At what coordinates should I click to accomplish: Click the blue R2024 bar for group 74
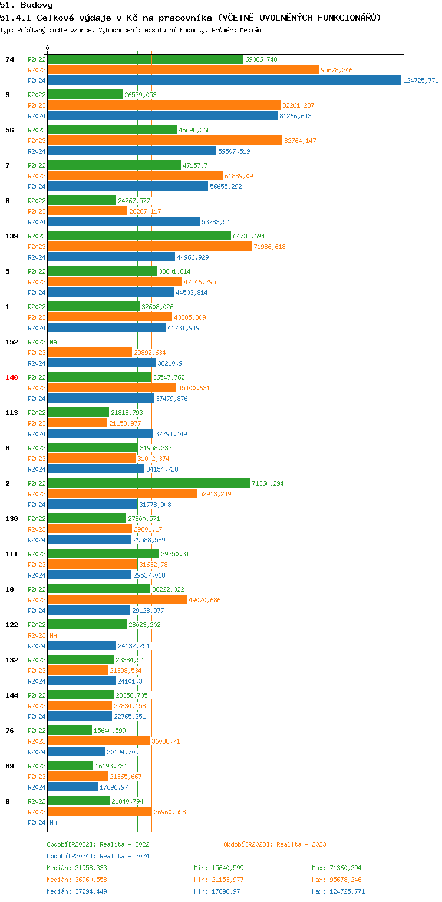pyautogui.click(x=224, y=81)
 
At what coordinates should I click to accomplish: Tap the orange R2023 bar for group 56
pyautogui.click(x=165, y=141)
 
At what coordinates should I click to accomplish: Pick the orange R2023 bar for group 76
pyautogui.click(x=98, y=741)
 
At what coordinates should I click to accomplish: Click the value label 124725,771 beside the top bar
pyautogui.click(x=421, y=81)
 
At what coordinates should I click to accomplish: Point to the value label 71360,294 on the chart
pyautogui.click(x=268, y=483)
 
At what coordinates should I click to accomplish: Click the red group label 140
pyautogui.click(x=12, y=377)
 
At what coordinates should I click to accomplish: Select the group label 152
pyautogui.click(x=12, y=342)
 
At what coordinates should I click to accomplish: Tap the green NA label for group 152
pyautogui.click(x=53, y=342)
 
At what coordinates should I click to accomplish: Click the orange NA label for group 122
pyautogui.click(x=53, y=635)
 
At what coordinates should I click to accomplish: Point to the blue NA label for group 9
pyautogui.click(x=53, y=823)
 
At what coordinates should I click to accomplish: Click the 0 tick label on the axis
pyautogui.click(x=48, y=48)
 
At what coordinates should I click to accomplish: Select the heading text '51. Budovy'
pyautogui.click(x=27, y=5)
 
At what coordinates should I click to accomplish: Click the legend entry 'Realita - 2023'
pyautogui.click(x=301, y=844)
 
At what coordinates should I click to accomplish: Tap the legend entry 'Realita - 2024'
pyautogui.click(x=124, y=856)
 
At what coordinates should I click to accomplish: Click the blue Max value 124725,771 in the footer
pyautogui.click(x=338, y=891)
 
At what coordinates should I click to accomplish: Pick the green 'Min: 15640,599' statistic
pyautogui.click(x=219, y=868)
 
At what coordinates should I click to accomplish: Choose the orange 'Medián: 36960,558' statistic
pyautogui.click(x=77, y=880)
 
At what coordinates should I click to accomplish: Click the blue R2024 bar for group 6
pyautogui.click(x=124, y=222)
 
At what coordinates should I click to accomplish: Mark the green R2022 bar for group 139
pyautogui.click(x=139, y=236)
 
